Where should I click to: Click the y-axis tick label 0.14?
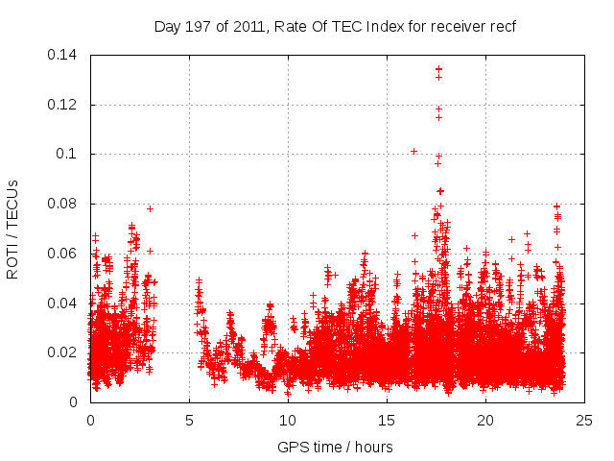tap(66, 55)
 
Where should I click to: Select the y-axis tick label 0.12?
tap(66, 105)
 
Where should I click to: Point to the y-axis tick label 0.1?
tap(70, 154)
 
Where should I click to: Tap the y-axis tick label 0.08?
tap(66, 204)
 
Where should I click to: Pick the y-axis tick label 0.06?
tap(66, 254)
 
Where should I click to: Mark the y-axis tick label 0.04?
tap(66, 303)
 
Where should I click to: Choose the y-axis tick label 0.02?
tap(66, 352)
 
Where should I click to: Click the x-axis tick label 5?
tap(189, 420)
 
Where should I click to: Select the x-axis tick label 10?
tap(288, 420)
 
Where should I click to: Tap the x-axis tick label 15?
tap(387, 420)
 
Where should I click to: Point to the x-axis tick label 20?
tap(485, 420)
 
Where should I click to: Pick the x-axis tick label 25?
tap(584, 420)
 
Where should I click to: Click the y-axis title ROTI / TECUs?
tap(13, 228)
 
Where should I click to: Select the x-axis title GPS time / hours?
tap(335, 447)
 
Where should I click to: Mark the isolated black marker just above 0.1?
tap(413, 151)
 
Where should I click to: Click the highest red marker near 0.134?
tap(438, 69)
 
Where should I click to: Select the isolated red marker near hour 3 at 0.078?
tap(150, 208)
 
